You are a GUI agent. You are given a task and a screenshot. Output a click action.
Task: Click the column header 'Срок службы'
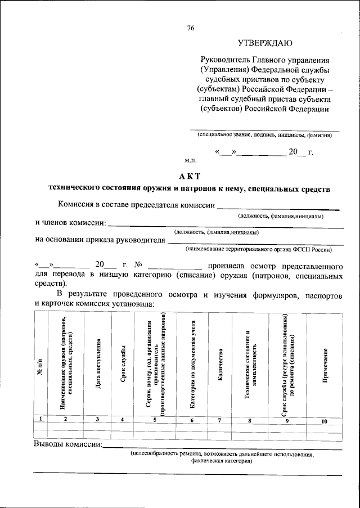tap(122, 366)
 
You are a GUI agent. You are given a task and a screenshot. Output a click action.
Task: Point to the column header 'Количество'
tap(220, 366)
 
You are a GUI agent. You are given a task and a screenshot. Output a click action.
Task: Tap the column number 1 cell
tap(40, 419)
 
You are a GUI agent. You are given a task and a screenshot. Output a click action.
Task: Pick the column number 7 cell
tap(220, 420)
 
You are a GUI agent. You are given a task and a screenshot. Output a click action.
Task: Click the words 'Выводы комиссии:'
tap(68, 444)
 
